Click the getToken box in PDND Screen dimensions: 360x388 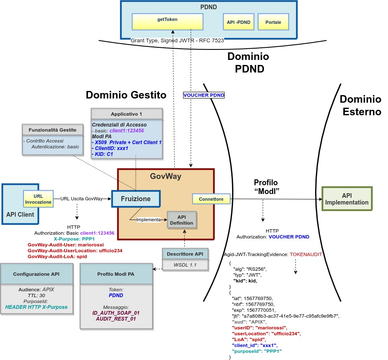click(x=168, y=22)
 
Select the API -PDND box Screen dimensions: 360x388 click(x=239, y=22)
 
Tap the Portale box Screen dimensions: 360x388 click(x=273, y=22)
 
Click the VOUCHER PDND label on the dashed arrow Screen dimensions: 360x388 click(x=204, y=95)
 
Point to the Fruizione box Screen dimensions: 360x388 click(x=136, y=199)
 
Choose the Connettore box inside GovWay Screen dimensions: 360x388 click(x=211, y=199)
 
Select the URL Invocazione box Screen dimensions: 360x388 click(x=38, y=199)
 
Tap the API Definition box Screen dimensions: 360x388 click(x=181, y=220)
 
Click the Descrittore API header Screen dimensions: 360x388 click(x=185, y=254)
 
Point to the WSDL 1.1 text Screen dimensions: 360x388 click(x=185, y=265)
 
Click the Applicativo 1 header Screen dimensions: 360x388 click(x=127, y=114)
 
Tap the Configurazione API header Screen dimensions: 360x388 click(x=36, y=274)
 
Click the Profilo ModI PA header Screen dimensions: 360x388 click(x=116, y=274)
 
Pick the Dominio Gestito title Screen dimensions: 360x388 click(x=126, y=95)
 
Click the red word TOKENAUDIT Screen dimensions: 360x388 click(x=305, y=254)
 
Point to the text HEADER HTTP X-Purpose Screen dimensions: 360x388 click(x=36, y=307)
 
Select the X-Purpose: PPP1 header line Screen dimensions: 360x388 click(x=77, y=238)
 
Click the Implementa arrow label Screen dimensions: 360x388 click(x=148, y=219)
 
